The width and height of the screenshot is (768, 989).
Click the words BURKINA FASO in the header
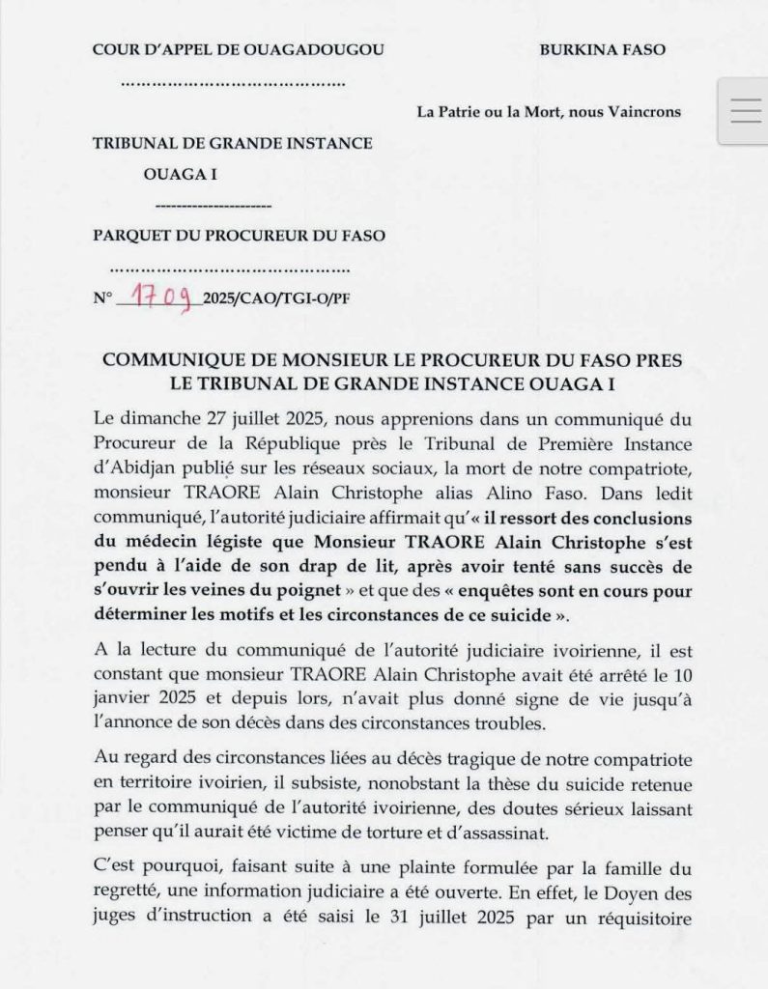pos(602,49)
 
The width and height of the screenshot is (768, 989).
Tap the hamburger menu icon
pos(746,111)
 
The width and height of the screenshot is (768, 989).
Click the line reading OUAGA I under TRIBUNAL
pos(180,174)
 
